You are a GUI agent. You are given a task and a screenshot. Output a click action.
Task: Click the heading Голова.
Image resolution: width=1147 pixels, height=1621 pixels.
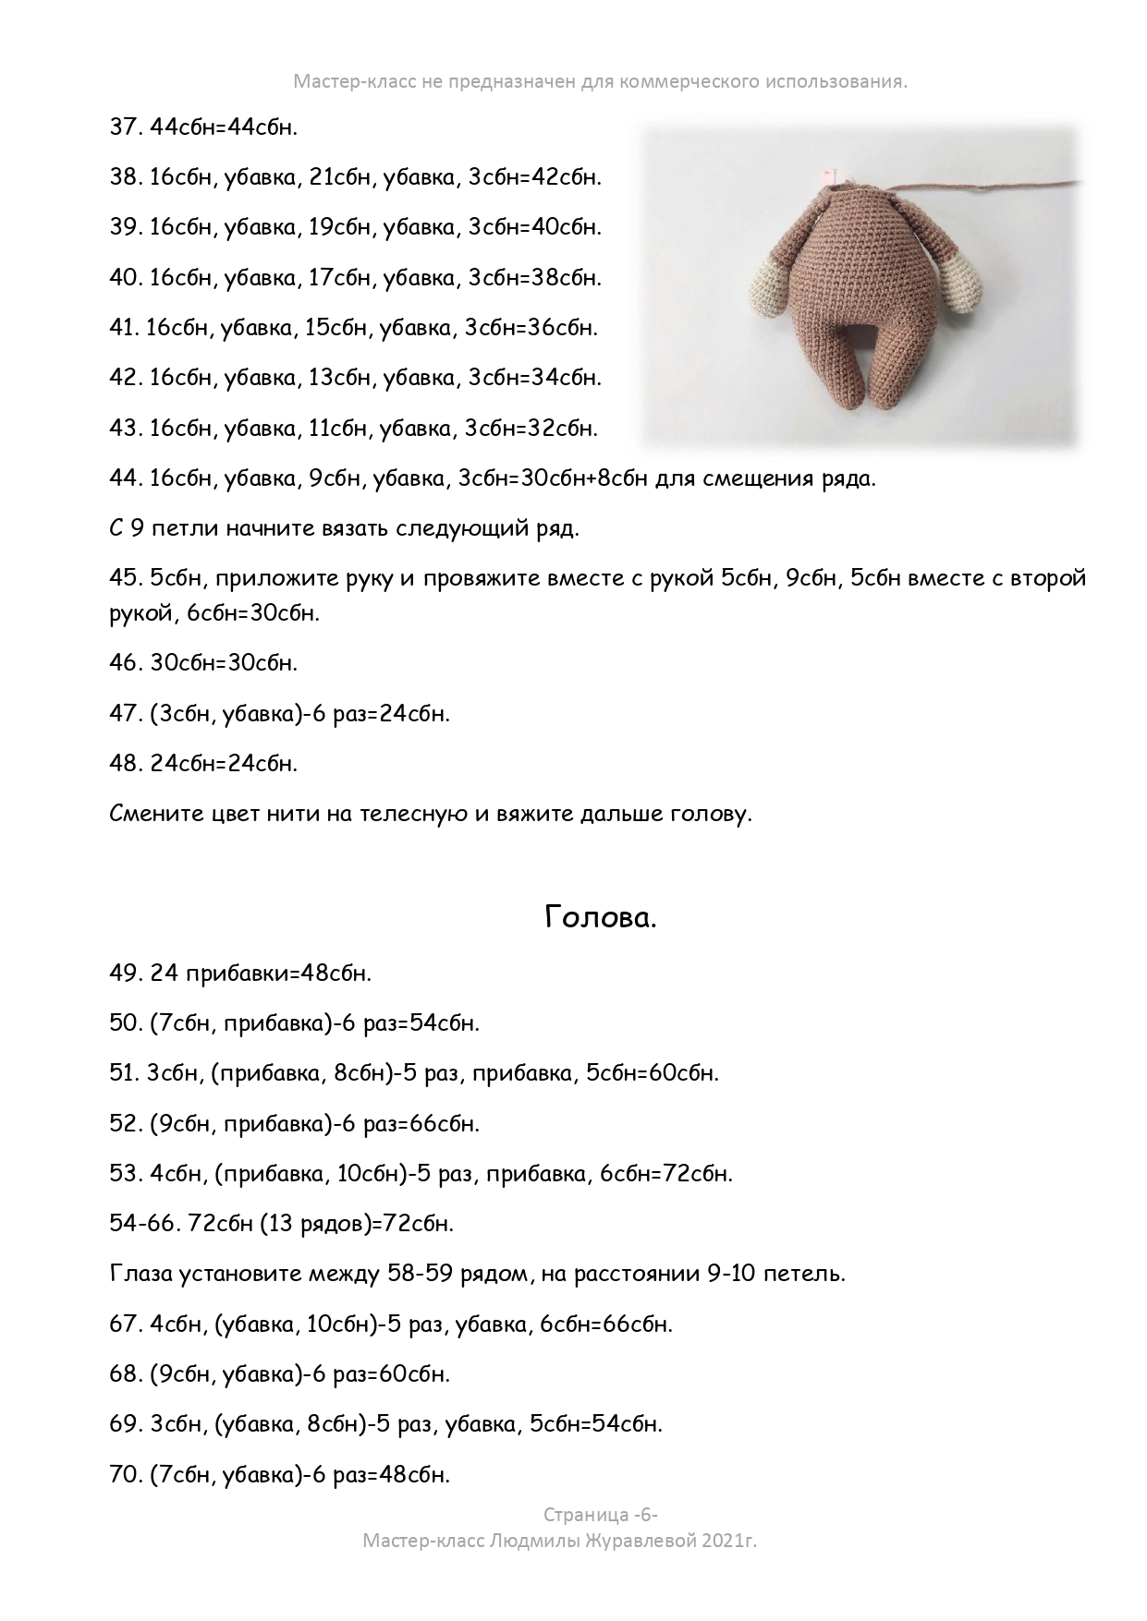click(600, 917)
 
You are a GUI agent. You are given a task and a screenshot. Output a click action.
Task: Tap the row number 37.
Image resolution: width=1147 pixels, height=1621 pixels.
click(123, 127)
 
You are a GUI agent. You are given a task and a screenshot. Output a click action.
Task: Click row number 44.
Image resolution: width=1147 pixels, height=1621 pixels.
click(123, 478)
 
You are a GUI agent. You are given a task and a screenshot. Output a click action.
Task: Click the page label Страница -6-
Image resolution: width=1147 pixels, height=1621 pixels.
click(600, 1515)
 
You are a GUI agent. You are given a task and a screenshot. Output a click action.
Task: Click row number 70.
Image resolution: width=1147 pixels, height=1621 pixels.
click(123, 1474)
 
